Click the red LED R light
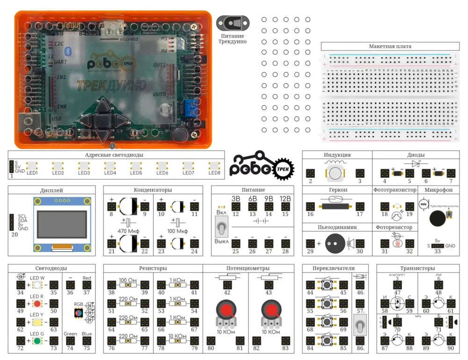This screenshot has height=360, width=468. (37, 303)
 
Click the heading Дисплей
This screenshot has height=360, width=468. (52, 190)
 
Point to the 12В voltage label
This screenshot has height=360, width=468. (285, 198)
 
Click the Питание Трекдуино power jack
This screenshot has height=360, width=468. (232, 22)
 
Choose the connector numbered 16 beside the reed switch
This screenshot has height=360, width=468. (310, 206)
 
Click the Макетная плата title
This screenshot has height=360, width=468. (390, 46)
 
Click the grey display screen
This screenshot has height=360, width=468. (62, 223)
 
